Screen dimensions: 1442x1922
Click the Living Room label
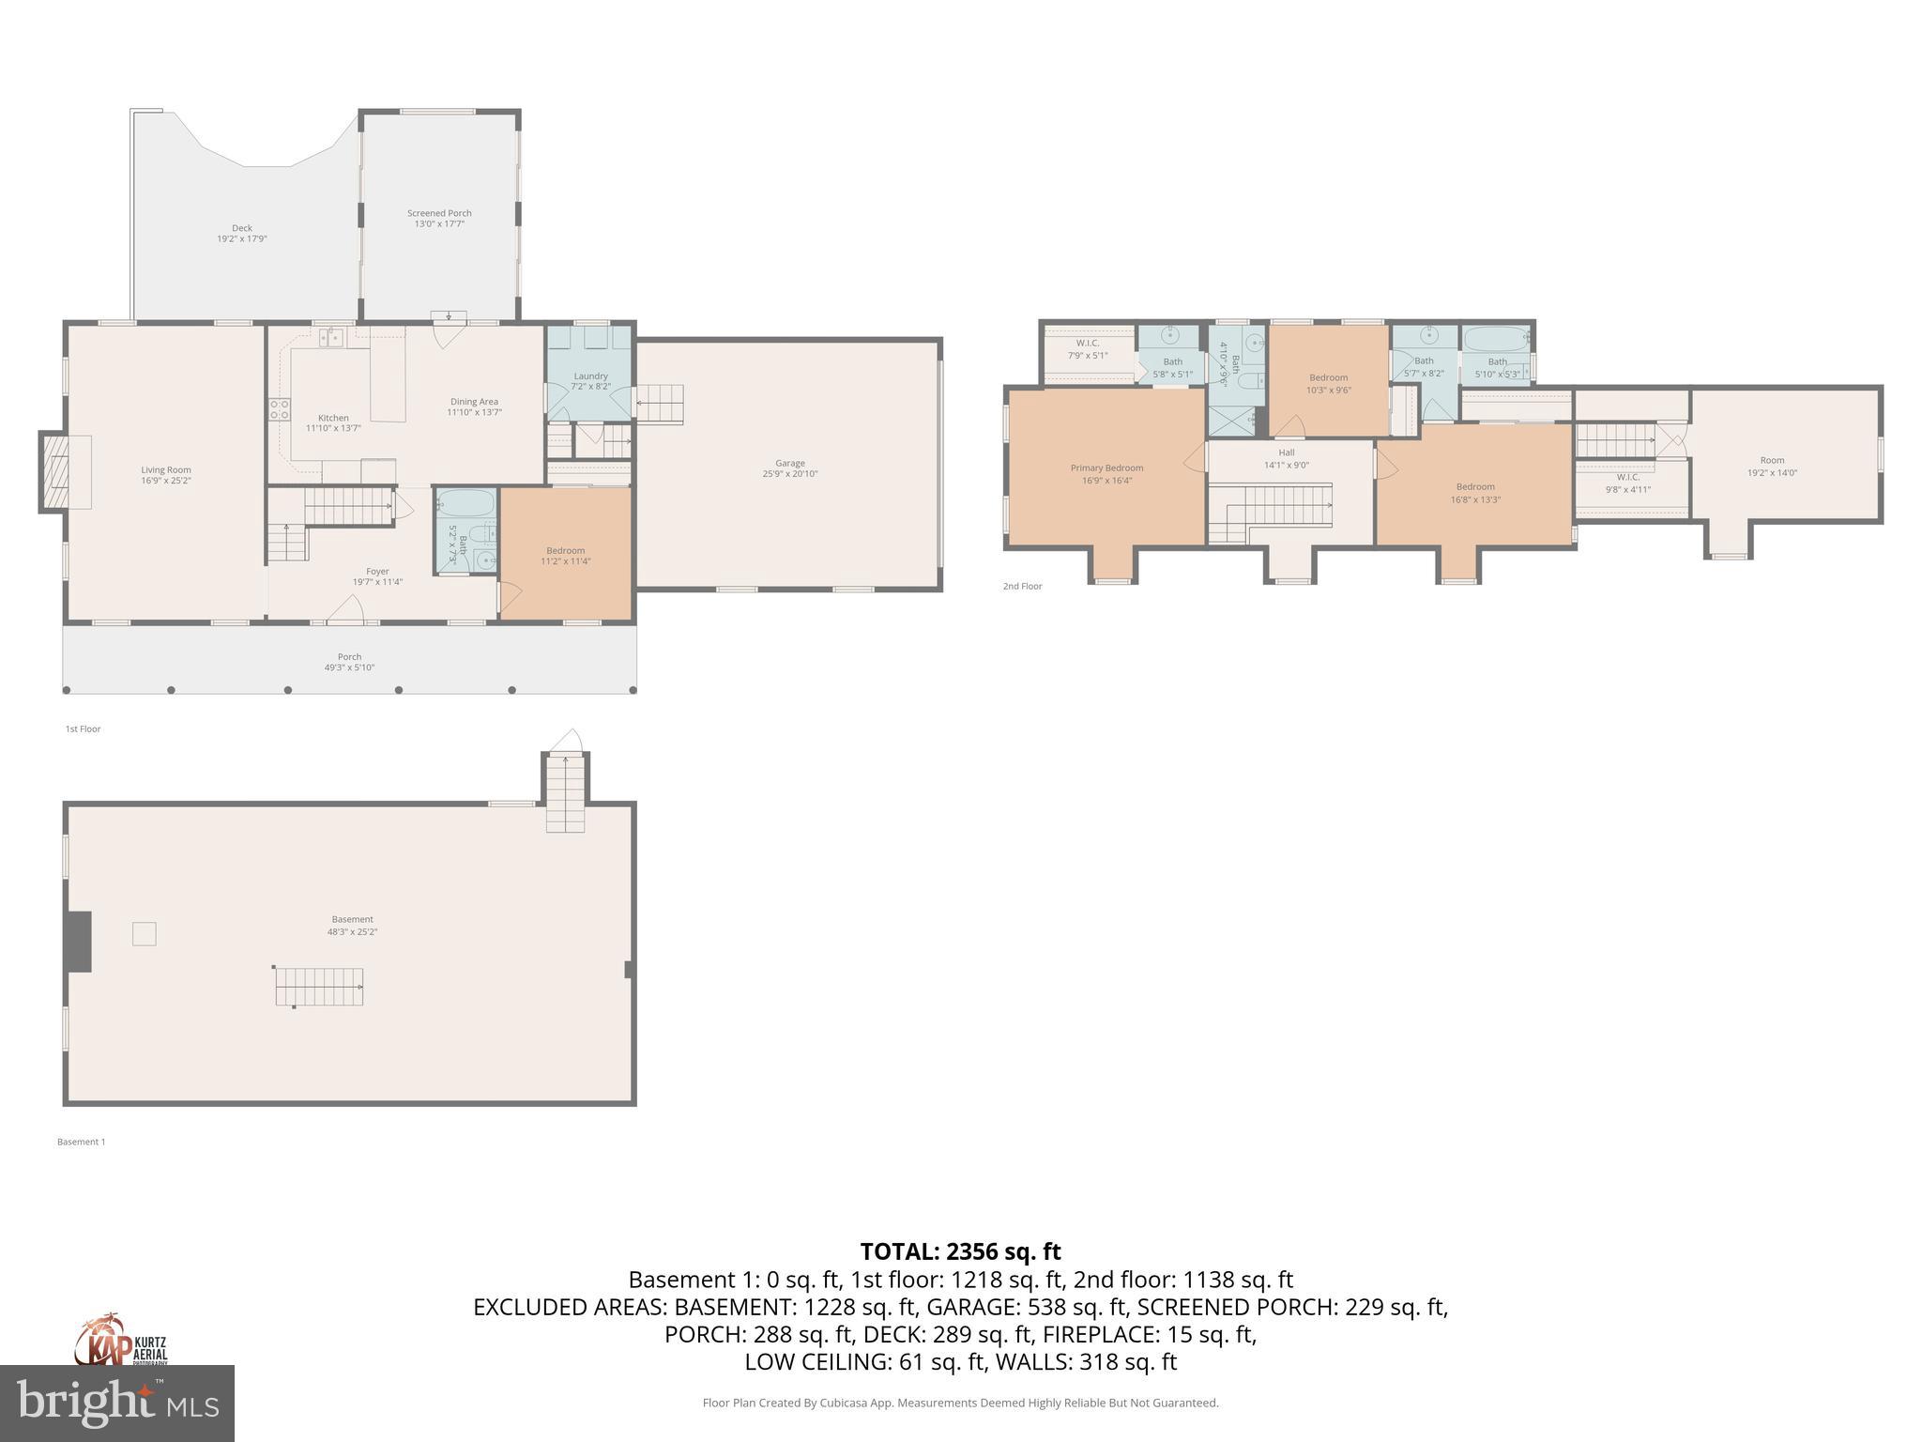[166, 470]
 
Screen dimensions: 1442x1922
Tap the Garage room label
[789, 463]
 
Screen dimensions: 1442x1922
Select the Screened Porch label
[439, 213]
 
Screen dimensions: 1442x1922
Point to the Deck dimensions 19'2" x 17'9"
[242, 239]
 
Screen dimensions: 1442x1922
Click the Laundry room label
[590, 376]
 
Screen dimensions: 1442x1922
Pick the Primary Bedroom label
[1106, 468]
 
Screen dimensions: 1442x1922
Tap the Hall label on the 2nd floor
[1286, 453]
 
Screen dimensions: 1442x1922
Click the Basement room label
[352, 919]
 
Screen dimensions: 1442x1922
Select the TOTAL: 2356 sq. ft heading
[960, 1251]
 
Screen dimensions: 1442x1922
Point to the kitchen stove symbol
[280, 408]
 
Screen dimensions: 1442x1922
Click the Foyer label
[377, 571]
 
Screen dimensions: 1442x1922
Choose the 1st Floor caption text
[83, 729]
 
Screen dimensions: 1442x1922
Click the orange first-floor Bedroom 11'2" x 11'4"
[565, 556]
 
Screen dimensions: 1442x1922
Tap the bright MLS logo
[116, 1403]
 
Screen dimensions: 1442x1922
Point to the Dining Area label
[474, 401]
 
